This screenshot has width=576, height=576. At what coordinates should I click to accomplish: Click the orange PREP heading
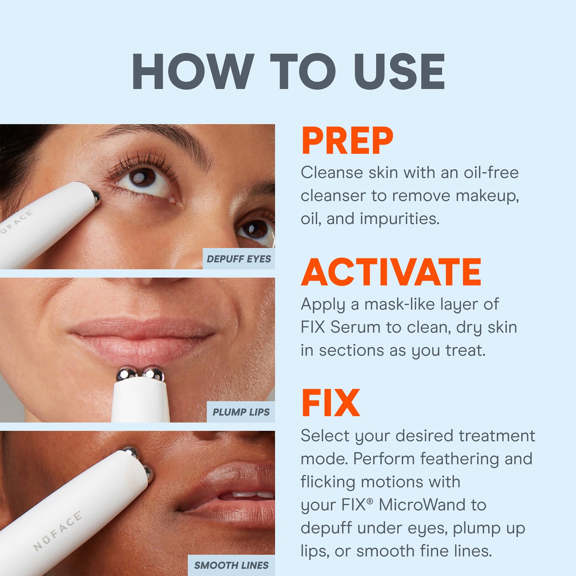coord(347,141)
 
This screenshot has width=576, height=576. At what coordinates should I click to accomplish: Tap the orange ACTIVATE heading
coord(391,272)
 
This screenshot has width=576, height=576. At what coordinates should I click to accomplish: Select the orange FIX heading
coord(330,403)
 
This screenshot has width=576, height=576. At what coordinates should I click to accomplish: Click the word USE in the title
coord(399,72)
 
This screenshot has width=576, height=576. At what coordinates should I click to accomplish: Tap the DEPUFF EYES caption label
coord(238,259)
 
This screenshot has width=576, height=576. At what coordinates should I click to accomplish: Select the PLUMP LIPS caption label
coord(241,412)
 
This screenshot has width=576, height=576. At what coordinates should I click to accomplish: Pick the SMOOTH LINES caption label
coord(231,565)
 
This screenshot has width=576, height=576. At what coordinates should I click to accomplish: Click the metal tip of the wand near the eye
coord(96,196)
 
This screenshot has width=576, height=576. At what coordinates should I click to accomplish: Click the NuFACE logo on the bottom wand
coord(58,531)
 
